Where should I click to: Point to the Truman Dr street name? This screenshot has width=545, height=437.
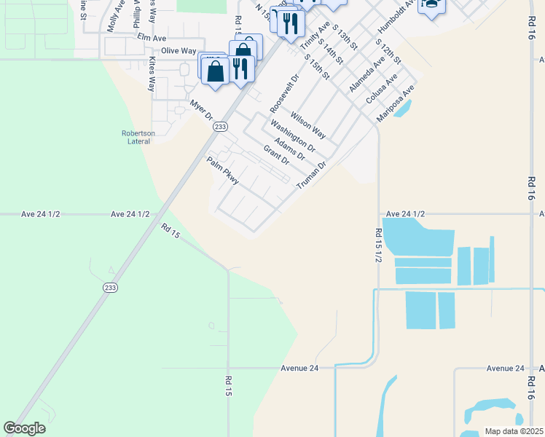[310, 177]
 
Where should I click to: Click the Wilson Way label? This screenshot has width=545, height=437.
[307, 125]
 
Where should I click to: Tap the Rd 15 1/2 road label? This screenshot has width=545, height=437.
[379, 245]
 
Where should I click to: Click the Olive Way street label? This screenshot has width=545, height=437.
[179, 51]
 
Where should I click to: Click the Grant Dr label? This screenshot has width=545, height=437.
[277, 155]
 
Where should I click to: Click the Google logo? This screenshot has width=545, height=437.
[24, 428]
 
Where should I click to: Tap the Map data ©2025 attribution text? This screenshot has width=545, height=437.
[514, 431]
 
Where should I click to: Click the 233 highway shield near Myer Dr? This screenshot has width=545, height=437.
[221, 127]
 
